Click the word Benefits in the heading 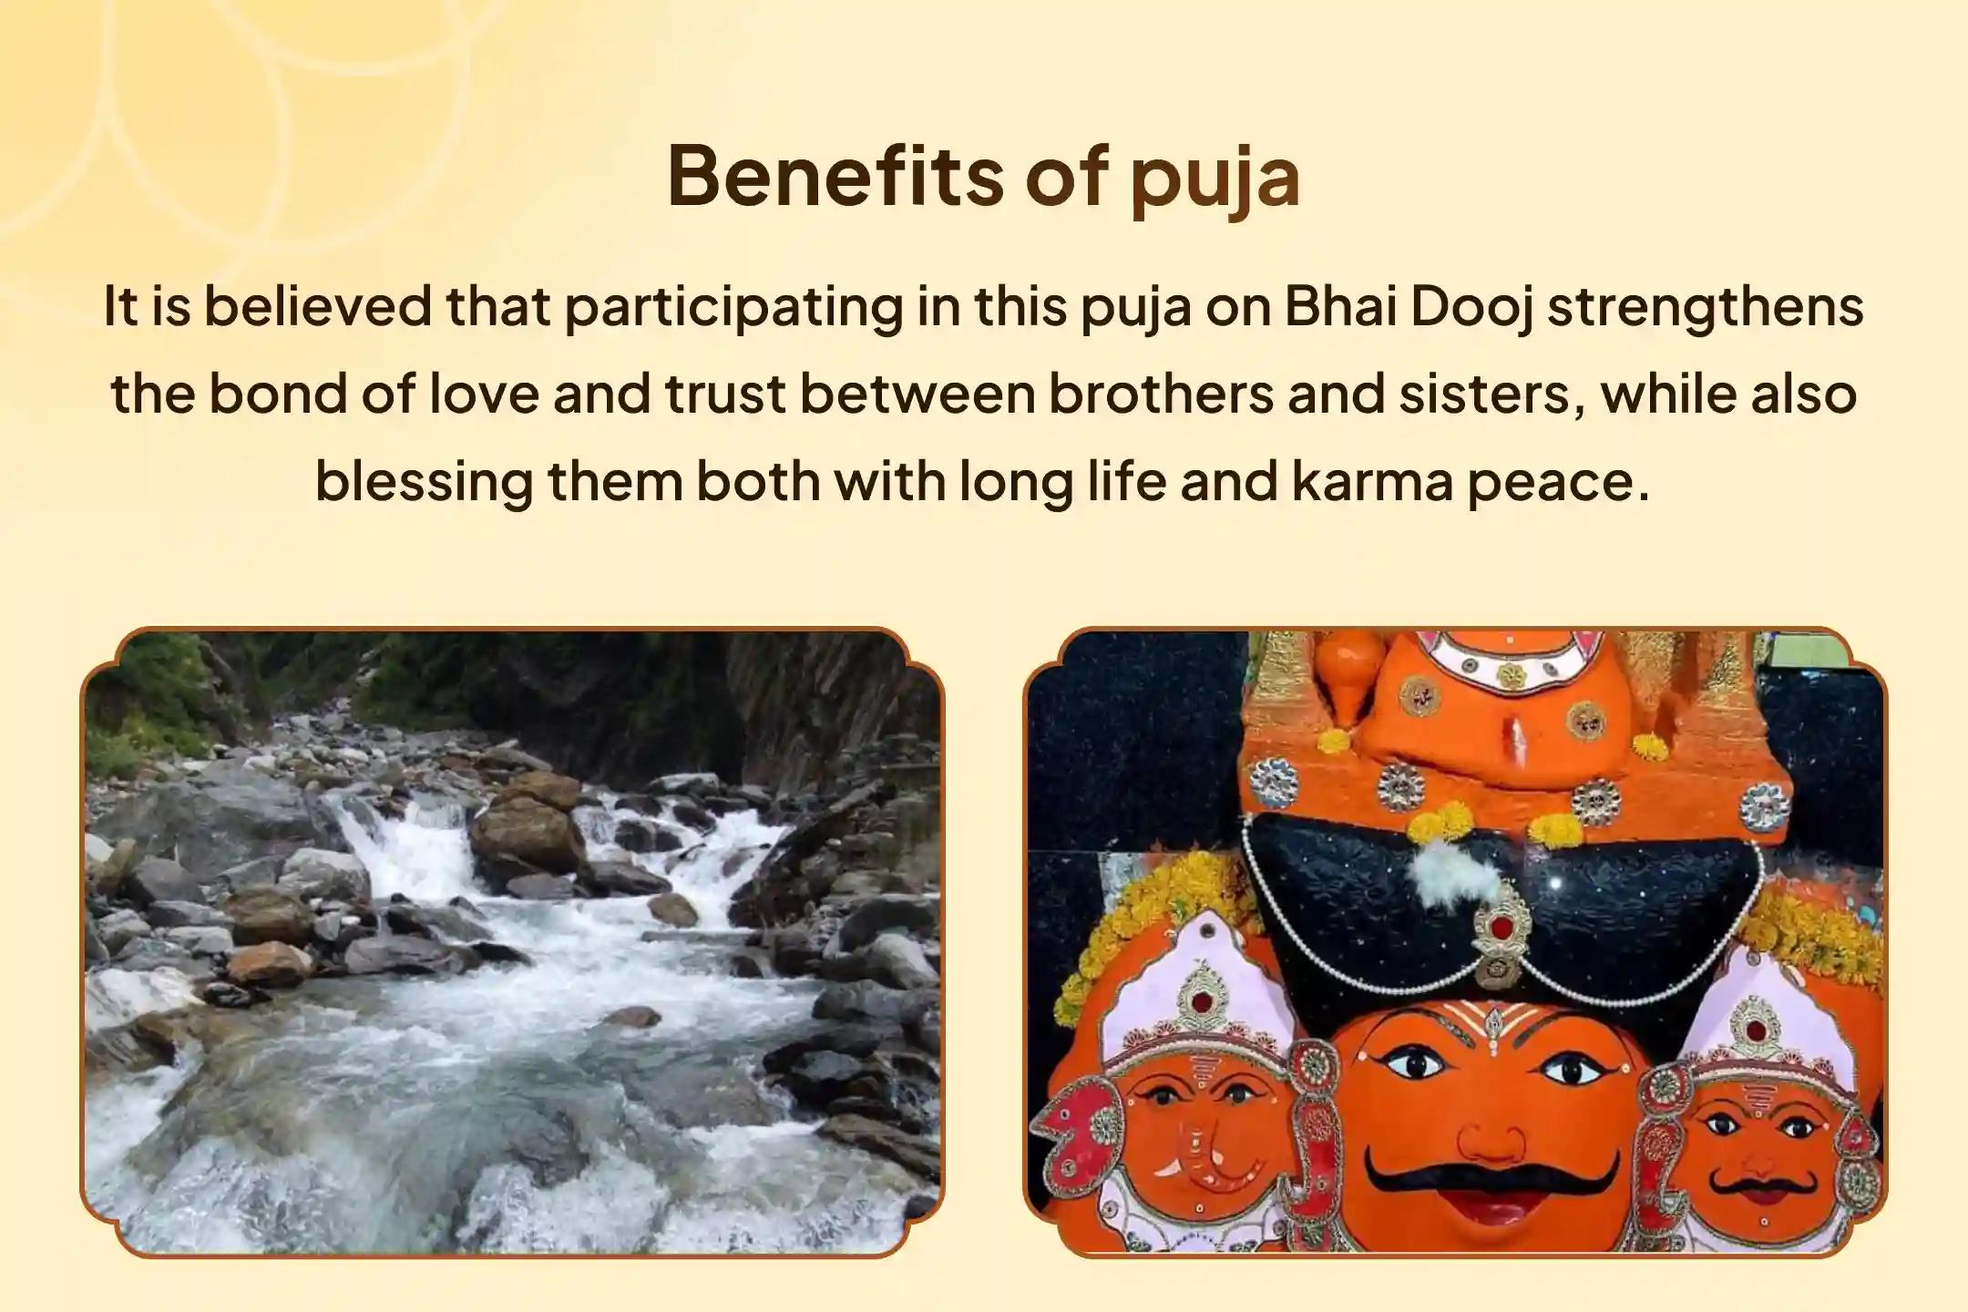coord(835,176)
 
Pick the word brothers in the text coord(1160,395)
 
